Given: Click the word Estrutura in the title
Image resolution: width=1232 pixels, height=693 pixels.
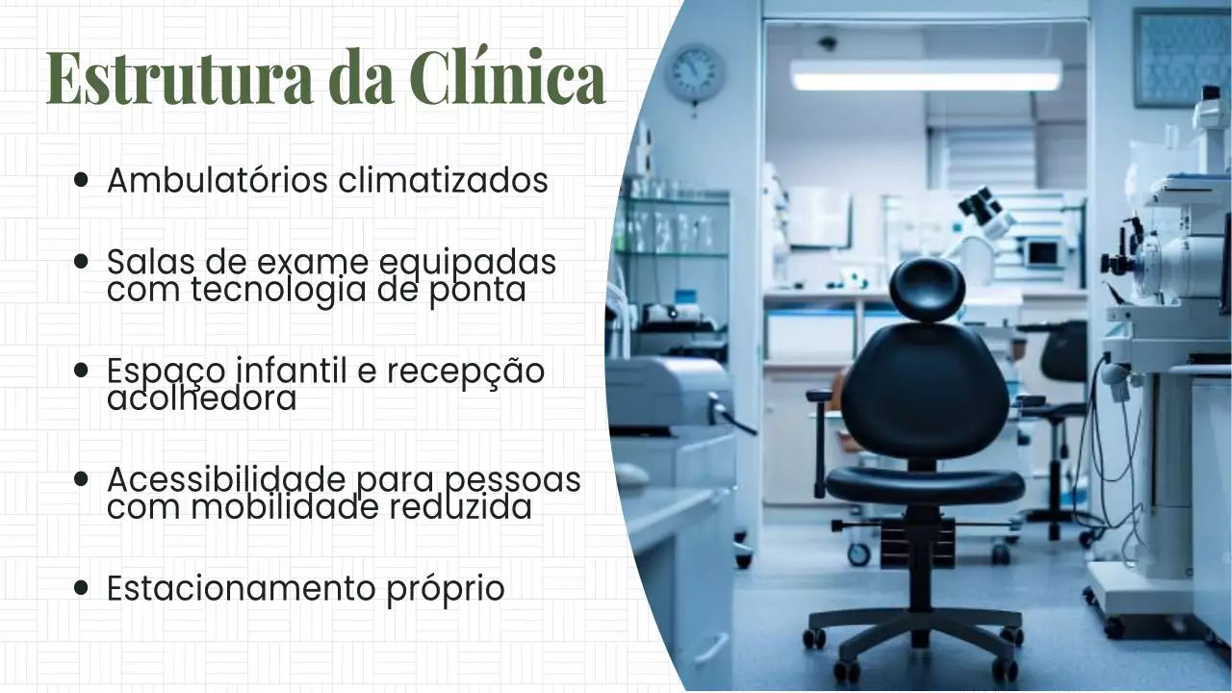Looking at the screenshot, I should point(179,79).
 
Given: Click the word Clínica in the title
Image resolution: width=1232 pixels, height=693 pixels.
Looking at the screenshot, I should point(507,79).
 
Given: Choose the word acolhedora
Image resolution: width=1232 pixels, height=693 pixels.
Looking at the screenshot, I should point(201,398).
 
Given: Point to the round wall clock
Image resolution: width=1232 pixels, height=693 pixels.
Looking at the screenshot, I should point(694,73).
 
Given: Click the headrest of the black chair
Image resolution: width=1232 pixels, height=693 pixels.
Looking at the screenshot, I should point(927,289).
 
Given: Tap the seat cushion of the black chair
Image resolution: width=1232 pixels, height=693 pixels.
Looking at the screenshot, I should point(925,485).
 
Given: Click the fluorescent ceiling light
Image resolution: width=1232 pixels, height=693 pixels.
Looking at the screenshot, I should point(926,75).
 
